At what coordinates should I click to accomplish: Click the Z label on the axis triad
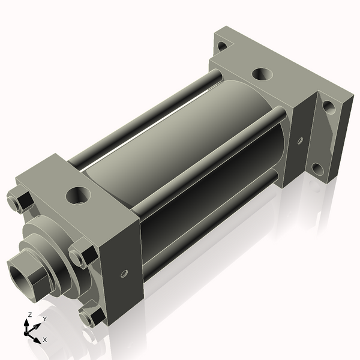(x=30, y=314)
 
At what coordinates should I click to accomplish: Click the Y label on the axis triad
(x=44, y=319)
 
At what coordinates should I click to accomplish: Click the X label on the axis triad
(x=44, y=340)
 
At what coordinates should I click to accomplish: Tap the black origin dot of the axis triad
(x=28, y=331)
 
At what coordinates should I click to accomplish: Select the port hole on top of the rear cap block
(x=261, y=74)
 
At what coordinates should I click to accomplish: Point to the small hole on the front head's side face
(x=124, y=274)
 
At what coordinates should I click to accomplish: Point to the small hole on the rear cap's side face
(x=299, y=141)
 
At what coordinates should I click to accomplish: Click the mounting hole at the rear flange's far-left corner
(x=222, y=46)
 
